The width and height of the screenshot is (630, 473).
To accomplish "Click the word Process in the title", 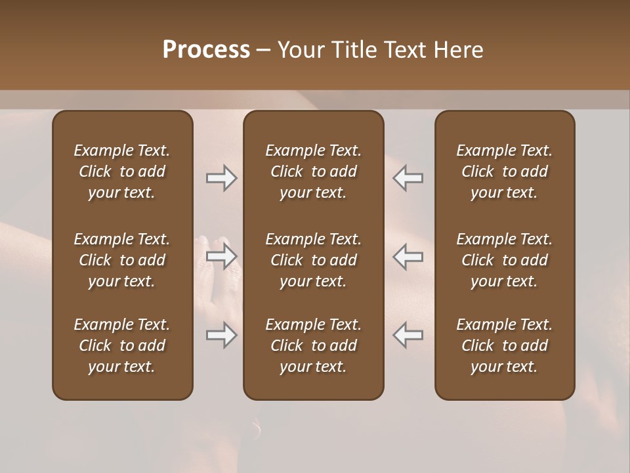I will [x=206, y=50].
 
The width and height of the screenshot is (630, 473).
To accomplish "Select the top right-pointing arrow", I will [x=222, y=178].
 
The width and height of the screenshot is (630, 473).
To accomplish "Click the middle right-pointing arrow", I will [x=222, y=256].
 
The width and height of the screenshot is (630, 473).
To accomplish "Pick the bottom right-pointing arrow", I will [x=222, y=335].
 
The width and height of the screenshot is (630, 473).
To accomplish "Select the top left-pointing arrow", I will [x=408, y=178].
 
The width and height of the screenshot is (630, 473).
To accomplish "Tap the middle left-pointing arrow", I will [x=408, y=256].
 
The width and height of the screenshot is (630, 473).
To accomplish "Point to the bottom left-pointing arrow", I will [x=408, y=335].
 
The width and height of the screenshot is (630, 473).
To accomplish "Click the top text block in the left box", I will [x=122, y=171].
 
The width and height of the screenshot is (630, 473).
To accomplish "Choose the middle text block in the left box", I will [x=122, y=260].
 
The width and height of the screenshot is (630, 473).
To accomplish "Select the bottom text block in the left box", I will [x=122, y=346].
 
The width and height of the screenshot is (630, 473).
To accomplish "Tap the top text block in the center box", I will [x=314, y=171].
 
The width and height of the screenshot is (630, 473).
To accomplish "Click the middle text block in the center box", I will [x=314, y=260].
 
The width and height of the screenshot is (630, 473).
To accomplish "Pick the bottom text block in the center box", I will [x=314, y=346].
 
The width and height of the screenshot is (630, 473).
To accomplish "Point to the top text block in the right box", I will [x=505, y=171].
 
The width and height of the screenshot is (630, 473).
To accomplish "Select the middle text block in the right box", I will [x=505, y=260].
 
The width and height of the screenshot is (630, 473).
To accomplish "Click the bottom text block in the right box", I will [x=505, y=346].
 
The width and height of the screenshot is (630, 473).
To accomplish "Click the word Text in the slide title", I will [x=404, y=50].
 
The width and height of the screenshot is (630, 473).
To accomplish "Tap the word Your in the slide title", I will [x=300, y=50].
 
